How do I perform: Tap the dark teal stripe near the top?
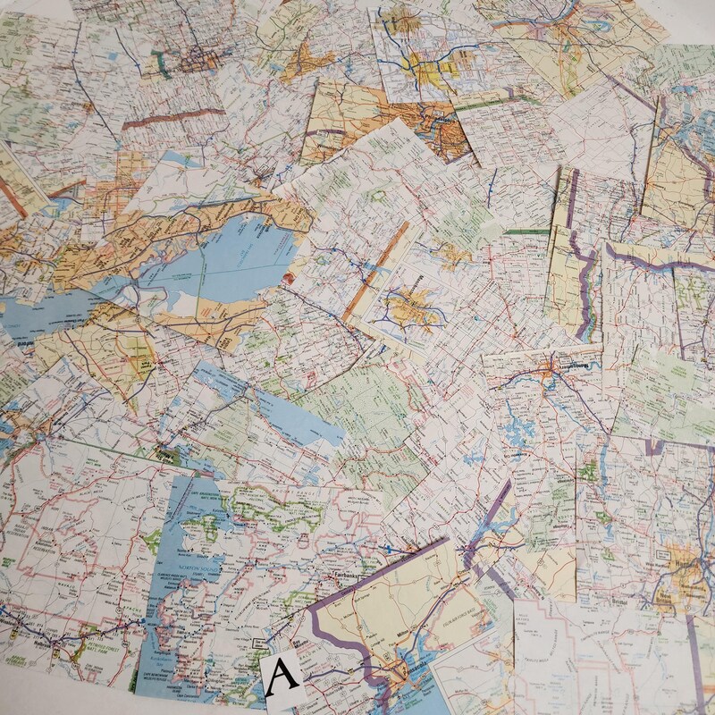(x=162, y=61)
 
